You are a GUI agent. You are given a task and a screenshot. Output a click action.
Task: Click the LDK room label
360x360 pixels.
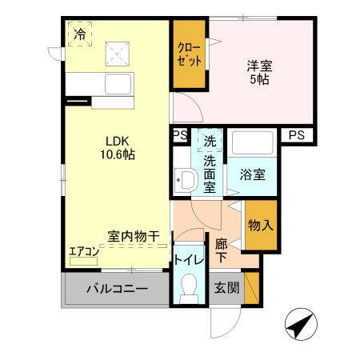(110, 139)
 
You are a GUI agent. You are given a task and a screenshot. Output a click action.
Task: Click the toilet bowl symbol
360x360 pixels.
(190, 288)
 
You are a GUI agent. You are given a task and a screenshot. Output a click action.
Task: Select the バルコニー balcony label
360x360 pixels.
(116, 289)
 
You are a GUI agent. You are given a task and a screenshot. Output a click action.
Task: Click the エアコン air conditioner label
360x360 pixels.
(83, 250)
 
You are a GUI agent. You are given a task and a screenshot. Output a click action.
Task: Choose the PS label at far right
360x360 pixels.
(297, 134)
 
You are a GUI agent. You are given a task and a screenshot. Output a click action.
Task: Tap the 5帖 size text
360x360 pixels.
(258, 82)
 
